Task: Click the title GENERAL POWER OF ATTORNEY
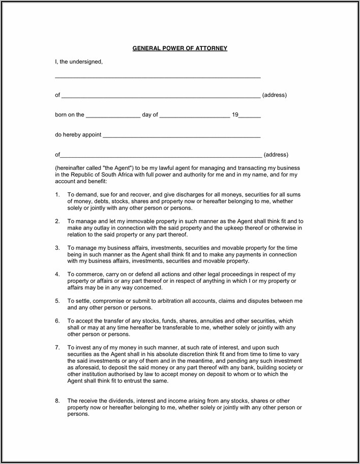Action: (x=179, y=48)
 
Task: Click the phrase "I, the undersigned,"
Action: (x=79, y=62)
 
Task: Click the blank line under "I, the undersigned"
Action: (x=158, y=77)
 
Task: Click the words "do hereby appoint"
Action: (x=78, y=135)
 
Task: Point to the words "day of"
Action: (x=150, y=115)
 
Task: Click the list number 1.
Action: (x=57, y=194)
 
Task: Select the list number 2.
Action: (x=57, y=221)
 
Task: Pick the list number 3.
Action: (x=57, y=248)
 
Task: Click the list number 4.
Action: (x=57, y=274)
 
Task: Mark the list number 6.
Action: (x=57, y=321)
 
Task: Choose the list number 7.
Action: (x=57, y=347)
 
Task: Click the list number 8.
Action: (x=57, y=401)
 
